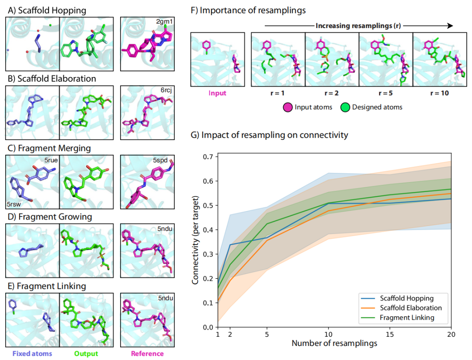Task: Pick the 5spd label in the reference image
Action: [160, 161]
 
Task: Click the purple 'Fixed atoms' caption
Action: [32, 353]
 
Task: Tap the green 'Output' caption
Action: [87, 353]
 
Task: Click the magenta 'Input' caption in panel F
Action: [217, 93]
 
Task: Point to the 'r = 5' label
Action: [385, 93]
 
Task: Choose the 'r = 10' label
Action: [440, 93]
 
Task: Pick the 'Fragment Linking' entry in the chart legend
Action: [407, 318]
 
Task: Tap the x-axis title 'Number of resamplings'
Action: [334, 343]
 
